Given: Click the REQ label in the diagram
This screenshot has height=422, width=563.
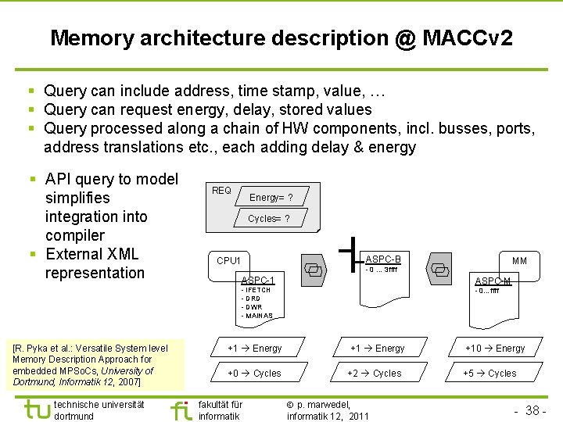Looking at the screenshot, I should tap(221, 190).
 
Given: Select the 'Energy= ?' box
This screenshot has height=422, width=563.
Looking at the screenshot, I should tap(271, 197).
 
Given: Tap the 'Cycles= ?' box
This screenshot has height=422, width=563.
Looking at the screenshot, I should tap(268, 219).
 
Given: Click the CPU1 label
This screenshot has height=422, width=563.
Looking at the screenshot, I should tap(228, 260).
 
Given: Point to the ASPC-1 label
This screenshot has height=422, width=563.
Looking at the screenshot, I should tap(258, 279).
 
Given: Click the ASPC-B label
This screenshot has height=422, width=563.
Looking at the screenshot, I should tap(383, 259).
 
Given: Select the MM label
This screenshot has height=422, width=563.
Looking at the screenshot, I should tap(519, 260).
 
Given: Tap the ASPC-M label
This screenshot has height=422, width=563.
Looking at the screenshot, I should tap(493, 281).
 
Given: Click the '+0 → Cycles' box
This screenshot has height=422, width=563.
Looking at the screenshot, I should tap(254, 374).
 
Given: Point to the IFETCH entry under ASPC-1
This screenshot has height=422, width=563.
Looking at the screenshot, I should tap(256, 290).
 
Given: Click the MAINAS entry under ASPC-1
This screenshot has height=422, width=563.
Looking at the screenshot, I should tap(258, 316).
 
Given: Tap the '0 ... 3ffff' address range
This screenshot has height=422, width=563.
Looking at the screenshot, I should tap(382, 270).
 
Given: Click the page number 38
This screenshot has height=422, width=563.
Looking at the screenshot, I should tap(533, 410).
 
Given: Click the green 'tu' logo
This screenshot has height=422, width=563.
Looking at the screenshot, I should tap(36, 409).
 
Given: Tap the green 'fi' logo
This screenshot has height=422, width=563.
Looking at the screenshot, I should tap(181, 409).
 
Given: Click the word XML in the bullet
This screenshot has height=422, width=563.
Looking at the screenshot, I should tap(120, 254).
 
